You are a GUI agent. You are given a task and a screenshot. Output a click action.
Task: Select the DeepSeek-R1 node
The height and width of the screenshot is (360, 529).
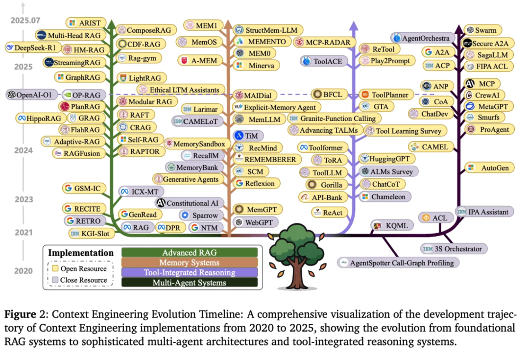tap(28, 48)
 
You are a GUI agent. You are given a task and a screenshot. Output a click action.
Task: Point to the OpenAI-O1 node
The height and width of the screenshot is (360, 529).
tap(31, 95)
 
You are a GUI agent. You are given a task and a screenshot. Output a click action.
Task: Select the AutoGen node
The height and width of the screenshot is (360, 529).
tap(490, 168)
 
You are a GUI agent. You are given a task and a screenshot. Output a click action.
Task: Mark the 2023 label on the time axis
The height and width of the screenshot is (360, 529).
tap(23, 199)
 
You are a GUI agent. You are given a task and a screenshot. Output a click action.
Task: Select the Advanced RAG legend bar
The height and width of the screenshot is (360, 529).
tap(190, 253)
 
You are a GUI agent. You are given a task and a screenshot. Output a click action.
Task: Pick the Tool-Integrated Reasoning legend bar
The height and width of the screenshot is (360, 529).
tap(190, 272)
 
